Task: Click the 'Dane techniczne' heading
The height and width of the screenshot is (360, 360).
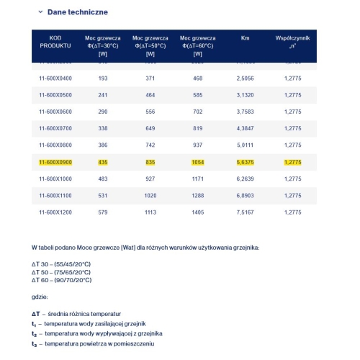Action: pos(78,12)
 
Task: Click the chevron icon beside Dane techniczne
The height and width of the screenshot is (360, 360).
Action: pos(40,12)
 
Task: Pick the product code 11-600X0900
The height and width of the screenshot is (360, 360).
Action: pos(55,163)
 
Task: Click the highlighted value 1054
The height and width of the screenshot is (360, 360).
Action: pos(197,163)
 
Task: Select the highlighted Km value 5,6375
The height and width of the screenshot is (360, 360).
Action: pos(246,163)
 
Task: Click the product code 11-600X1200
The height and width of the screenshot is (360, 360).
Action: pos(55,212)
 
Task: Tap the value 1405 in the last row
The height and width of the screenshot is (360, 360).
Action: pos(197,212)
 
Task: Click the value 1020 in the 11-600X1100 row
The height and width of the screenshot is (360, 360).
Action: pos(150,195)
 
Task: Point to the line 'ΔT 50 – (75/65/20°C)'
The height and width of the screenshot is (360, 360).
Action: pos(61,271)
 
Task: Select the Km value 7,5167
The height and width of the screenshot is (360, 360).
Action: pos(246,212)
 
